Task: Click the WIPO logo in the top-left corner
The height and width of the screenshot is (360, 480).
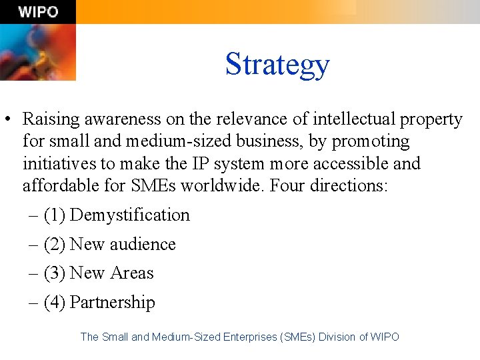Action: pos(38,12)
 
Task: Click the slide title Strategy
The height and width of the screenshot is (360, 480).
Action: pos(277,64)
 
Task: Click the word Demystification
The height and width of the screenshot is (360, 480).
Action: pos(130,215)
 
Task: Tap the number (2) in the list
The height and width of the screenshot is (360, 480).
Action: pos(54,245)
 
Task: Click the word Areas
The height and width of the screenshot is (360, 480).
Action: pos(132,273)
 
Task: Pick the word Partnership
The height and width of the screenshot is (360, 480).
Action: pos(113,303)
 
